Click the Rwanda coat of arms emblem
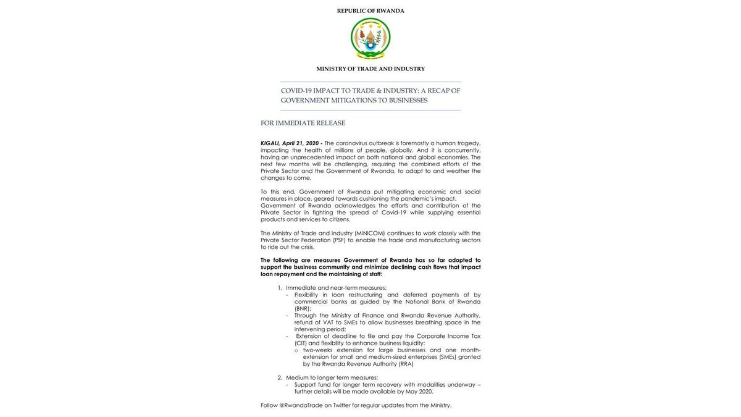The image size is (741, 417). pyautogui.click(x=371, y=38)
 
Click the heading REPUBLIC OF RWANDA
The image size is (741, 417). pyautogui.click(x=371, y=11)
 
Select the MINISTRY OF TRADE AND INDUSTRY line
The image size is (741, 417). pyautogui.click(x=371, y=69)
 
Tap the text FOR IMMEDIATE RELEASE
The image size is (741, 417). pyautogui.click(x=303, y=123)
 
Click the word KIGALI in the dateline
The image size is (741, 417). pyautogui.click(x=270, y=143)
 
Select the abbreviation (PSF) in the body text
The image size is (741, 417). pyautogui.click(x=339, y=240)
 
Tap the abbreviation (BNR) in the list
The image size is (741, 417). pyautogui.click(x=303, y=308)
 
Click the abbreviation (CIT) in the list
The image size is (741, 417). pyautogui.click(x=300, y=343)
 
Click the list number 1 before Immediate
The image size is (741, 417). pyautogui.click(x=280, y=288)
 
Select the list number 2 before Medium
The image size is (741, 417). pyautogui.click(x=280, y=377)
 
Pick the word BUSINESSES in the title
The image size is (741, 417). pyautogui.click(x=408, y=100)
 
